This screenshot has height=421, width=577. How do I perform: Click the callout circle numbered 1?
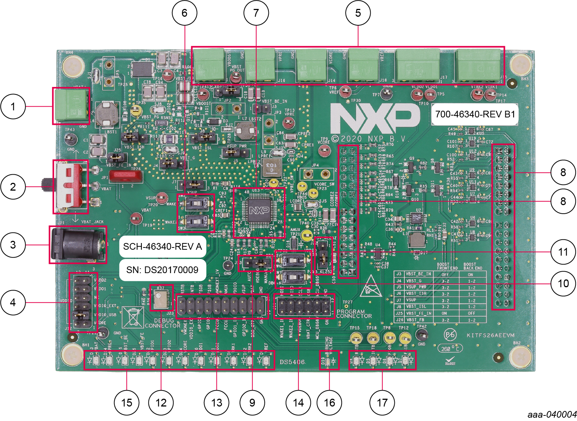pyautogui.click(x=13, y=107)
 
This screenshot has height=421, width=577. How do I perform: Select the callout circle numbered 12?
pyautogui.click(x=161, y=402)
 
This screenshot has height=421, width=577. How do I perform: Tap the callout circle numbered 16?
pyautogui.click(x=329, y=402)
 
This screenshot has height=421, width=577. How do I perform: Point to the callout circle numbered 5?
pyautogui.click(x=358, y=13)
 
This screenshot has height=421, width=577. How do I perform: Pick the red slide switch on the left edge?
pyautogui.click(x=71, y=187)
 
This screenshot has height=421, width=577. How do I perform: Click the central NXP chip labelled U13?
pyautogui.click(x=259, y=211)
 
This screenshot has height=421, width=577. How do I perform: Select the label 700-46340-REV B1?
pyautogui.click(x=475, y=114)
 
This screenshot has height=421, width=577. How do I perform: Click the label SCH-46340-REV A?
pyautogui.click(x=162, y=246)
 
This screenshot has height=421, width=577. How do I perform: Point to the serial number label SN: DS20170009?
pyautogui.click(x=162, y=270)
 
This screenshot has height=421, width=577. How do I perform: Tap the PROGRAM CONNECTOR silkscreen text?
pyautogui.click(x=354, y=314)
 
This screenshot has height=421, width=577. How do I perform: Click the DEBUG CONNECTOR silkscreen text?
pyautogui.click(x=163, y=323)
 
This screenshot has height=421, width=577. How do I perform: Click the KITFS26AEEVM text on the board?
pyautogui.click(x=490, y=335)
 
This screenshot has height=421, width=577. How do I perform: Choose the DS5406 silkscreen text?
pyautogui.click(x=292, y=362)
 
